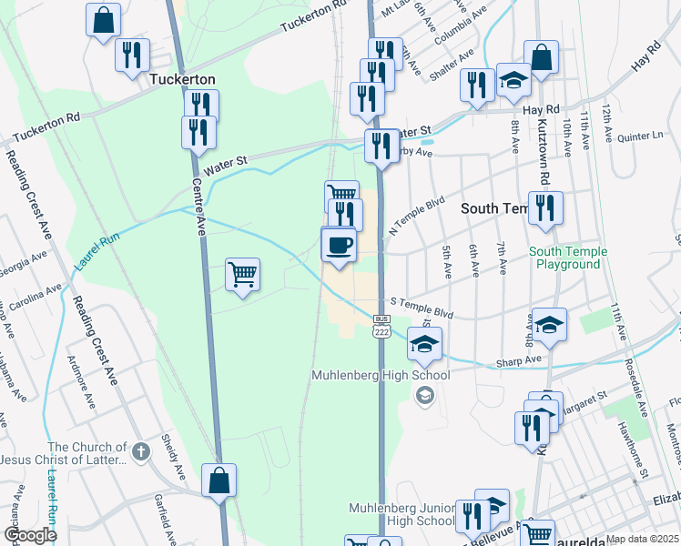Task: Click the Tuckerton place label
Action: click(182, 79)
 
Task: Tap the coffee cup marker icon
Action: click(339, 245)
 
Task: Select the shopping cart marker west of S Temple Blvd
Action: click(242, 274)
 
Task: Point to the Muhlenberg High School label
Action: click(381, 375)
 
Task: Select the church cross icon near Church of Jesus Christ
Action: click(140, 450)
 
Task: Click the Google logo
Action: click(29, 535)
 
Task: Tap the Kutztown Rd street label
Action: click(544, 150)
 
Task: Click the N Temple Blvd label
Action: click(417, 213)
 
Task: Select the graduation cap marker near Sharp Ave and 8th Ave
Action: click(550, 325)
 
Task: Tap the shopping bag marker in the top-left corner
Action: click(104, 18)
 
